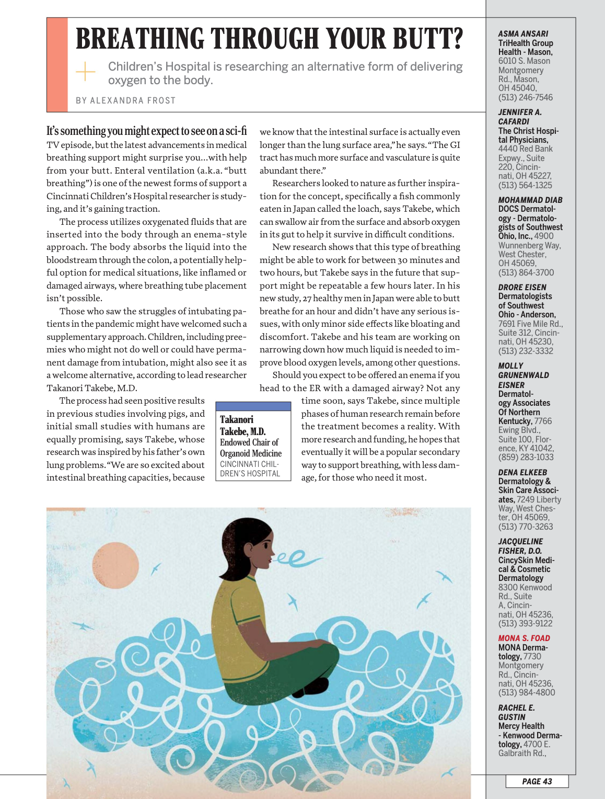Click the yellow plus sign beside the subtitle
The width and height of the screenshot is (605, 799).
click(86, 71)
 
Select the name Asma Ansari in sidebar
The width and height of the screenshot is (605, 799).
click(523, 33)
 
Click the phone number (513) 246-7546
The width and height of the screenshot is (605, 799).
click(525, 97)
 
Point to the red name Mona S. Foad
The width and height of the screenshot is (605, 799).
click(524, 638)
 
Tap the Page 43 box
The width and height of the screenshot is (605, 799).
click(537, 781)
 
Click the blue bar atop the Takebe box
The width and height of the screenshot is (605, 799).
click(253, 406)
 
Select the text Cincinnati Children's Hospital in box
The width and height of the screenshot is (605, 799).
click(250, 469)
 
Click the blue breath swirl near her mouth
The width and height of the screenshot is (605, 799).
click(296, 560)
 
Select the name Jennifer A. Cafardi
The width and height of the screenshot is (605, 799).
click(519, 117)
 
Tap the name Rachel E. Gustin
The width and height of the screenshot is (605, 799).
click(516, 712)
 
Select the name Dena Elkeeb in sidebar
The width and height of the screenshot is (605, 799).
click(522, 472)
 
